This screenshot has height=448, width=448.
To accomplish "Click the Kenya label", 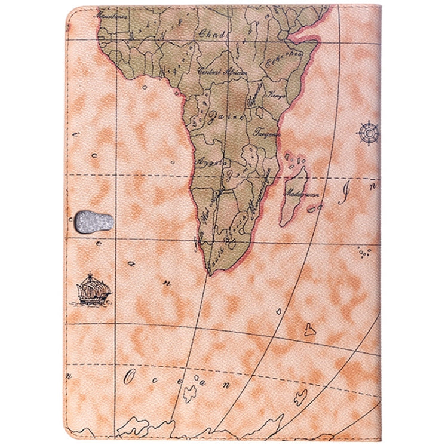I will click(277, 95).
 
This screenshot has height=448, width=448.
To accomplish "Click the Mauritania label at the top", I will click(115, 10).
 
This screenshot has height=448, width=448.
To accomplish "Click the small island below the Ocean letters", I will click(189, 393).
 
